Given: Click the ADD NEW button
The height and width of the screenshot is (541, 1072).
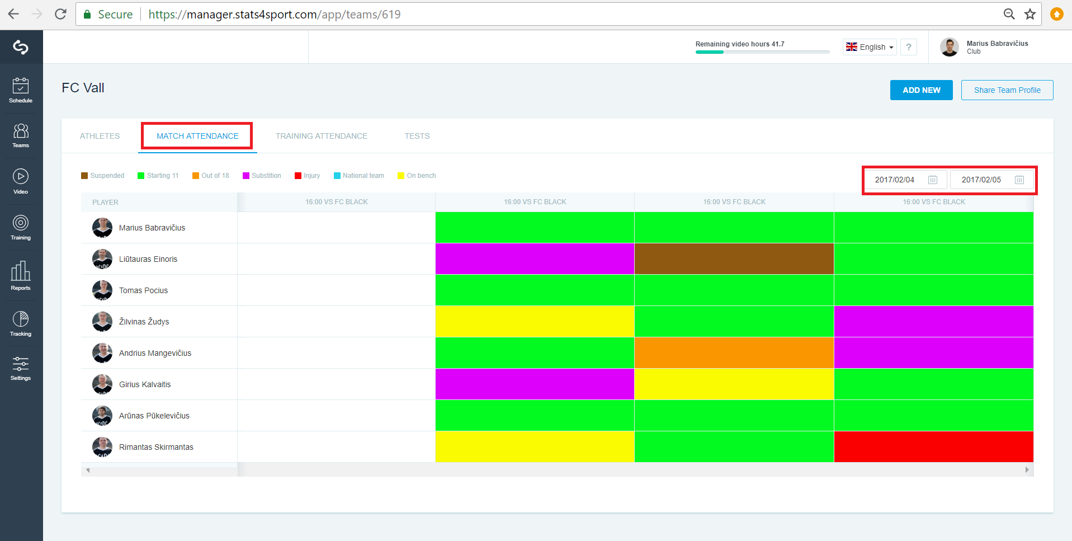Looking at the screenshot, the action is click(x=921, y=90).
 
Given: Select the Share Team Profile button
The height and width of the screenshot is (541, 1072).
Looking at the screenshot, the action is click(x=1007, y=90).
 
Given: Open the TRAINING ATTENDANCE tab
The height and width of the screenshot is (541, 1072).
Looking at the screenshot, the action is click(x=322, y=136).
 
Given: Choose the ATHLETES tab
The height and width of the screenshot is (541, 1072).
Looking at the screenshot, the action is click(x=100, y=136).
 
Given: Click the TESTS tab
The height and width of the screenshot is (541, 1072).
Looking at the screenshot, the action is click(x=417, y=136).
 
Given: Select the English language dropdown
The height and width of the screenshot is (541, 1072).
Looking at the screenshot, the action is click(x=870, y=47).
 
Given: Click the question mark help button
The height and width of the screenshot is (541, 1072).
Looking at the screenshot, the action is click(x=909, y=47).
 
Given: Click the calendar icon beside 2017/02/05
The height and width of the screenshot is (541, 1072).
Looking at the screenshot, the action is click(x=1019, y=180).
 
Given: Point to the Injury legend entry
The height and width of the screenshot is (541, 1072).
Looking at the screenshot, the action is click(x=308, y=176).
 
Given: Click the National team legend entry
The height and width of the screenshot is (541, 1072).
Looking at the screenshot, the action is click(x=359, y=176).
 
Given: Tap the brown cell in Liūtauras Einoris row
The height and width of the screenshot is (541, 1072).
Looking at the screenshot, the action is click(x=734, y=259).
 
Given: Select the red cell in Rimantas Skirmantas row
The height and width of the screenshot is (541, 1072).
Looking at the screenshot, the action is click(x=934, y=447).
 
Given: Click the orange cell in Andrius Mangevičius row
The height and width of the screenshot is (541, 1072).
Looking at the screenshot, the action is click(x=734, y=353).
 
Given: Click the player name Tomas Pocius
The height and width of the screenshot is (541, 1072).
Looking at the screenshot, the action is click(x=143, y=290).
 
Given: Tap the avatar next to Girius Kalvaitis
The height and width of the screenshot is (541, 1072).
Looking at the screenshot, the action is click(x=102, y=384).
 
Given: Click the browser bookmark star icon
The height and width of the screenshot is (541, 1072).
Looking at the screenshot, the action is click(x=1030, y=14).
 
